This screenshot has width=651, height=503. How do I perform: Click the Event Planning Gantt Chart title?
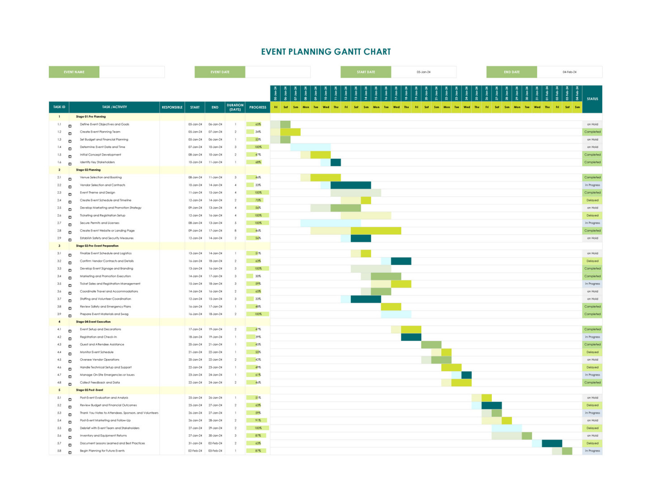coord(325,52)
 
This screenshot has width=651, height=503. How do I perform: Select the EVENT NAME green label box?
coord(74,72)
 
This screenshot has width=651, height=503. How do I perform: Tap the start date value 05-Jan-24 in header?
coord(423,72)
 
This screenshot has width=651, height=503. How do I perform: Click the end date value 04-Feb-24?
coord(569,72)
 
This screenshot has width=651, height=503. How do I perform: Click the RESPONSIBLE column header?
coord(172,107)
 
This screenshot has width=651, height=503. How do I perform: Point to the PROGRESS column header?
coord(258,107)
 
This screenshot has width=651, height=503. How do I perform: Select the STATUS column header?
coord(592,99)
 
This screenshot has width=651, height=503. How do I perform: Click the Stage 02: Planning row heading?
coord(89,170)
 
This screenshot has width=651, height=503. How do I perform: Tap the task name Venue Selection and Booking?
coord(101,177)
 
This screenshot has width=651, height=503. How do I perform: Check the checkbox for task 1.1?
coord(70,126)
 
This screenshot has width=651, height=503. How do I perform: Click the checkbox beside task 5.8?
coord(70,452)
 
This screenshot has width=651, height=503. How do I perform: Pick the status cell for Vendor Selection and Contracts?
coord(592,185)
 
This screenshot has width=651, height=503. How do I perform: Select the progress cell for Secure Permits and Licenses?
coord(258,223)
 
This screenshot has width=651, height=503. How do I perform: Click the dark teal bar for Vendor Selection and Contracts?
coord(351,185)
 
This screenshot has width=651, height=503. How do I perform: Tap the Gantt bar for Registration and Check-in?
coord(411,337)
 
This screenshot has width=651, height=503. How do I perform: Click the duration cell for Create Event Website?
coord(235,231)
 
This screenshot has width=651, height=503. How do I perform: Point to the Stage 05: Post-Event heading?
coord(90,390)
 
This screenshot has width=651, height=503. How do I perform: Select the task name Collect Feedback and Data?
coord(100,383)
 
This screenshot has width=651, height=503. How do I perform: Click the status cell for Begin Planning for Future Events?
coord(592,451)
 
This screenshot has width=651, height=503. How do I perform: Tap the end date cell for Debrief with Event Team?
coord(215,428)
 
